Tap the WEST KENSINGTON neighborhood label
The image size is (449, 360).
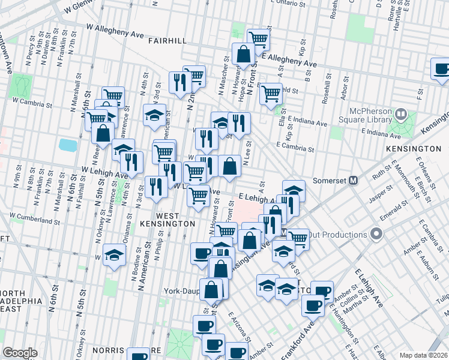tap(175, 219)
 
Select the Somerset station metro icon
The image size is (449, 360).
tap(354, 180)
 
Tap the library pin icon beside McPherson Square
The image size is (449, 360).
tap(400, 113)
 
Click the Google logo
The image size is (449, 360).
tap(20, 353)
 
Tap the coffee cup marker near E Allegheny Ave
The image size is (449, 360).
tap(441, 68)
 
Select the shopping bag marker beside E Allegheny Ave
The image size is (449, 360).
tap(244, 55)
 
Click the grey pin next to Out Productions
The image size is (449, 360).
tap(376, 233)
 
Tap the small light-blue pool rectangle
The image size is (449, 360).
tap(68, 145)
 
